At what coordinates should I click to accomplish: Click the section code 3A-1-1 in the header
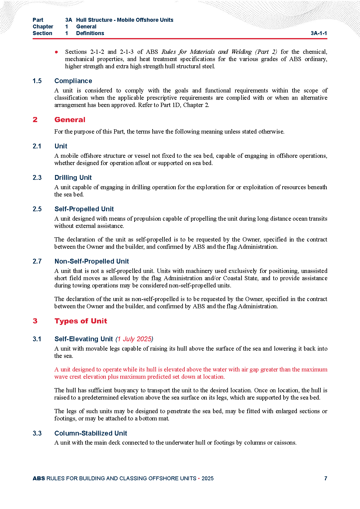(319, 33)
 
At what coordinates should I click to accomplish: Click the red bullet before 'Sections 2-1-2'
(57, 52)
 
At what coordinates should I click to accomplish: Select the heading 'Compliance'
(73, 81)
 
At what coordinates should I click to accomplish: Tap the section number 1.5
(37, 81)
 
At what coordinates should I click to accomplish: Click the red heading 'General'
(70, 120)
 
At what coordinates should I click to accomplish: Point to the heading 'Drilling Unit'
(73, 178)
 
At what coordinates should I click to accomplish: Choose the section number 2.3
(37, 178)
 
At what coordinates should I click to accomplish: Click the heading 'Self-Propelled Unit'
(84, 209)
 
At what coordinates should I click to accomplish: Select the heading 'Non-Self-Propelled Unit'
(92, 261)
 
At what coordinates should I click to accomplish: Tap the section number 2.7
(37, 261)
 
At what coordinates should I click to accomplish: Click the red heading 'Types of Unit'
(81, 321)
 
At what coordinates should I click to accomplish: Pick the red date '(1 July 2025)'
(134, 339)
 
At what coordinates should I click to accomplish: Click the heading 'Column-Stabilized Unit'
(91, 433)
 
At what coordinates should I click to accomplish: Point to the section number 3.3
(37, 433)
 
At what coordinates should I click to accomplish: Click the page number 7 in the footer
(326, 478)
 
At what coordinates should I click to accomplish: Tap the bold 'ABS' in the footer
(39, 478)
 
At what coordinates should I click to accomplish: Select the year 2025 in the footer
(207, 478)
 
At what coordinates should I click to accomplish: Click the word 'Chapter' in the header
(43, 27)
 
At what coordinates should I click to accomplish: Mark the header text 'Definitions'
(90, 33)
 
